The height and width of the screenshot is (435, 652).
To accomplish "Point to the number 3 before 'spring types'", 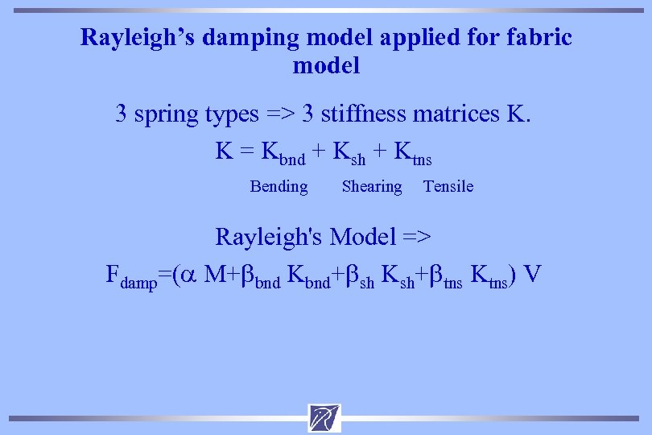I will [x=122, y=114].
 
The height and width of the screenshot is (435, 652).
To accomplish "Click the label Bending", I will [x=279, y=187].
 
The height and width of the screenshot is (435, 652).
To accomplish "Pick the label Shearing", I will [x=371, y=187].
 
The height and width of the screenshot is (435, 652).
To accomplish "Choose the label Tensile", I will [x=448, y=187].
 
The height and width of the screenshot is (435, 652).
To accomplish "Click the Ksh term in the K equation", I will [x=348, y=152].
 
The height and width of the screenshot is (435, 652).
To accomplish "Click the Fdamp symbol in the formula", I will [x=132, y=275].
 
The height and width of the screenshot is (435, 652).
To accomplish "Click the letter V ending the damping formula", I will [x=532, y=274].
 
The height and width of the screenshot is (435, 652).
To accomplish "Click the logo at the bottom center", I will [x=324, y=417].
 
